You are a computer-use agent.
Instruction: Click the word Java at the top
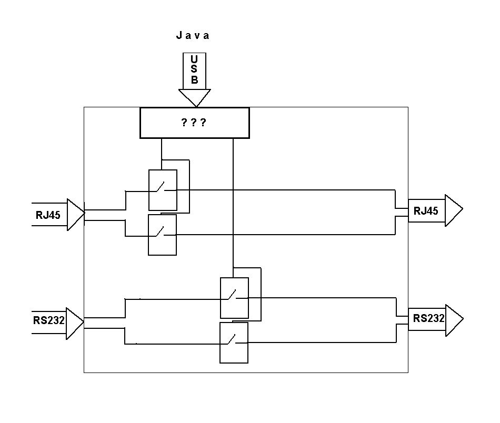pyautogui.click(x=193, y=36)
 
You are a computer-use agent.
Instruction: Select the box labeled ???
pyautogui.click(x=194, y=123)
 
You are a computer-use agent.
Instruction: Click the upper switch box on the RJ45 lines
pyautogui.click(x=163, y=190)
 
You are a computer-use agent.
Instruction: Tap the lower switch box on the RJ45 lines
pyautogui.click(x=162, y=235)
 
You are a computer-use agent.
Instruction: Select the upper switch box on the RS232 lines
pyautogui.click(x=234, y=298)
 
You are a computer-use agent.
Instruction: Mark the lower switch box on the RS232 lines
pyautogui.click(x=234, y=343)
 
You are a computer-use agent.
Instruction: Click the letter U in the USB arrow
pyautogui.click(x=195, y=59)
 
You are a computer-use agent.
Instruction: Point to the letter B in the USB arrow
pyautogui.click(x=195, y=80)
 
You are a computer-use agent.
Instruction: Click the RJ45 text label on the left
pyautogui.click(x=48, y=215)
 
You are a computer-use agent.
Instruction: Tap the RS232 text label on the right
pyautogui.click(x=429, y=318)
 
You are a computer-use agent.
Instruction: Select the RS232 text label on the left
pyautogui.click(x=48, y=320)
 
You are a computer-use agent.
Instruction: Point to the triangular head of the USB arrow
pyautogui.click(x=195, y=97)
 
